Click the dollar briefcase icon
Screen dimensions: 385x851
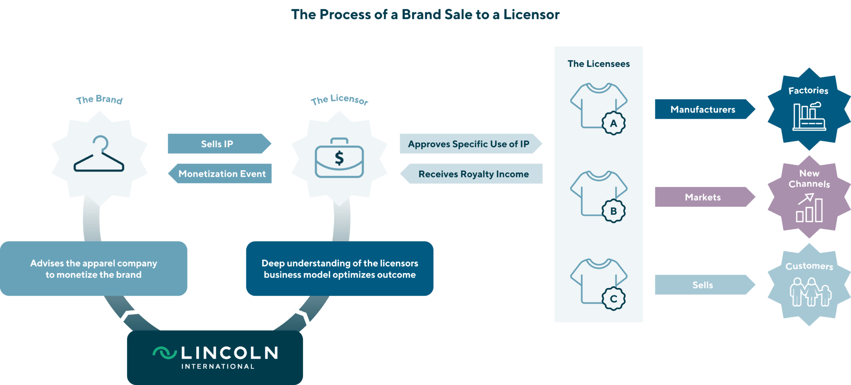[339, 158]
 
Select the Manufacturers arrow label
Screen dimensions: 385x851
[703, 109]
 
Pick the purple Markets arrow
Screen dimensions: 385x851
[703, 197]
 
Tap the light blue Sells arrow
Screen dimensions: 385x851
[703, 285]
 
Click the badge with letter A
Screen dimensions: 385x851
[613, 123]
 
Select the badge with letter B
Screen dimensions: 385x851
[613, 211]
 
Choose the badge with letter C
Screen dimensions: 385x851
[613, 299]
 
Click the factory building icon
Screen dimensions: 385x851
[809, 117]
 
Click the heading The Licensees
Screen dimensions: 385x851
[598, 64]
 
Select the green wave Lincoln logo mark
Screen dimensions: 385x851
[165, 353]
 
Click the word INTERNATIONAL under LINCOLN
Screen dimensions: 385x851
[218, 366]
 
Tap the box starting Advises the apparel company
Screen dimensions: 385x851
[94, 269]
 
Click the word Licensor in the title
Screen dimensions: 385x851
[531, 15]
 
